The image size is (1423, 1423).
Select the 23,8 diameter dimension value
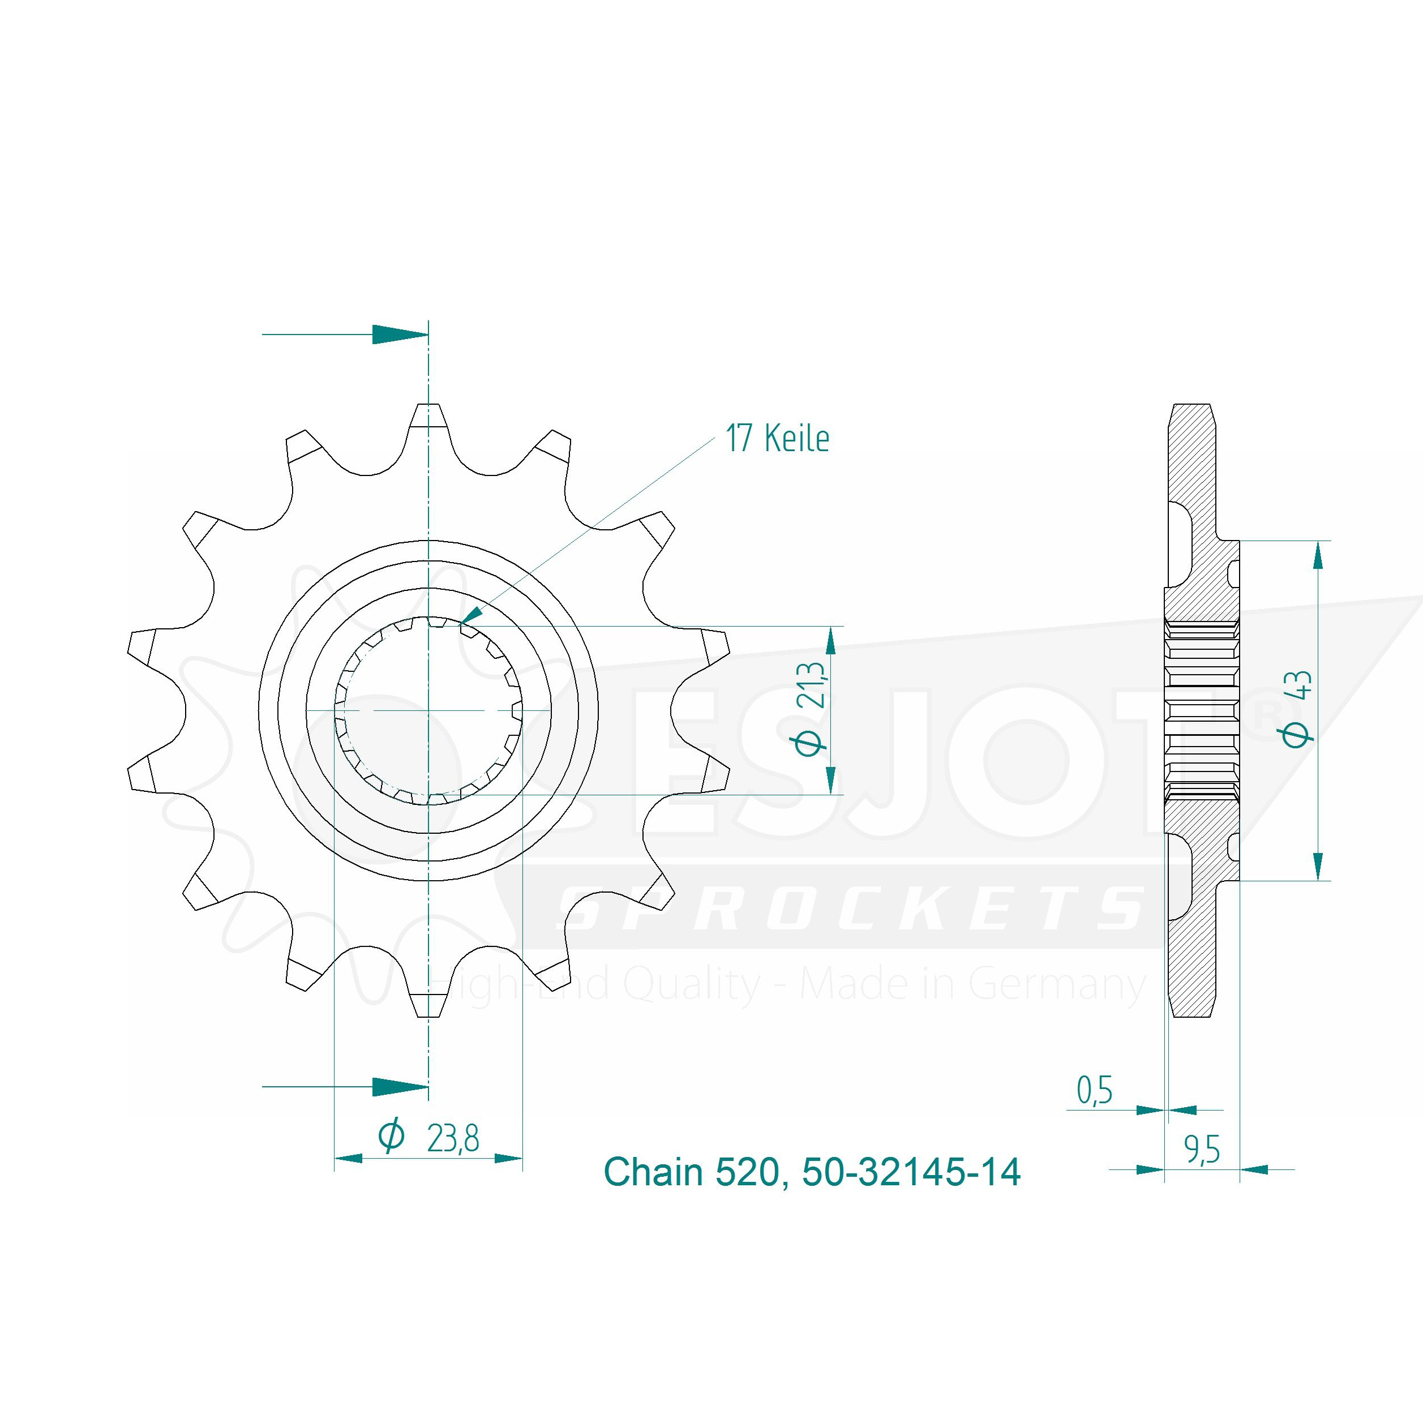(453, 1139)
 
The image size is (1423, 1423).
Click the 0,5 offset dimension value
(1095, 1090)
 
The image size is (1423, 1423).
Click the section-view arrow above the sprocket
(345, 335)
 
